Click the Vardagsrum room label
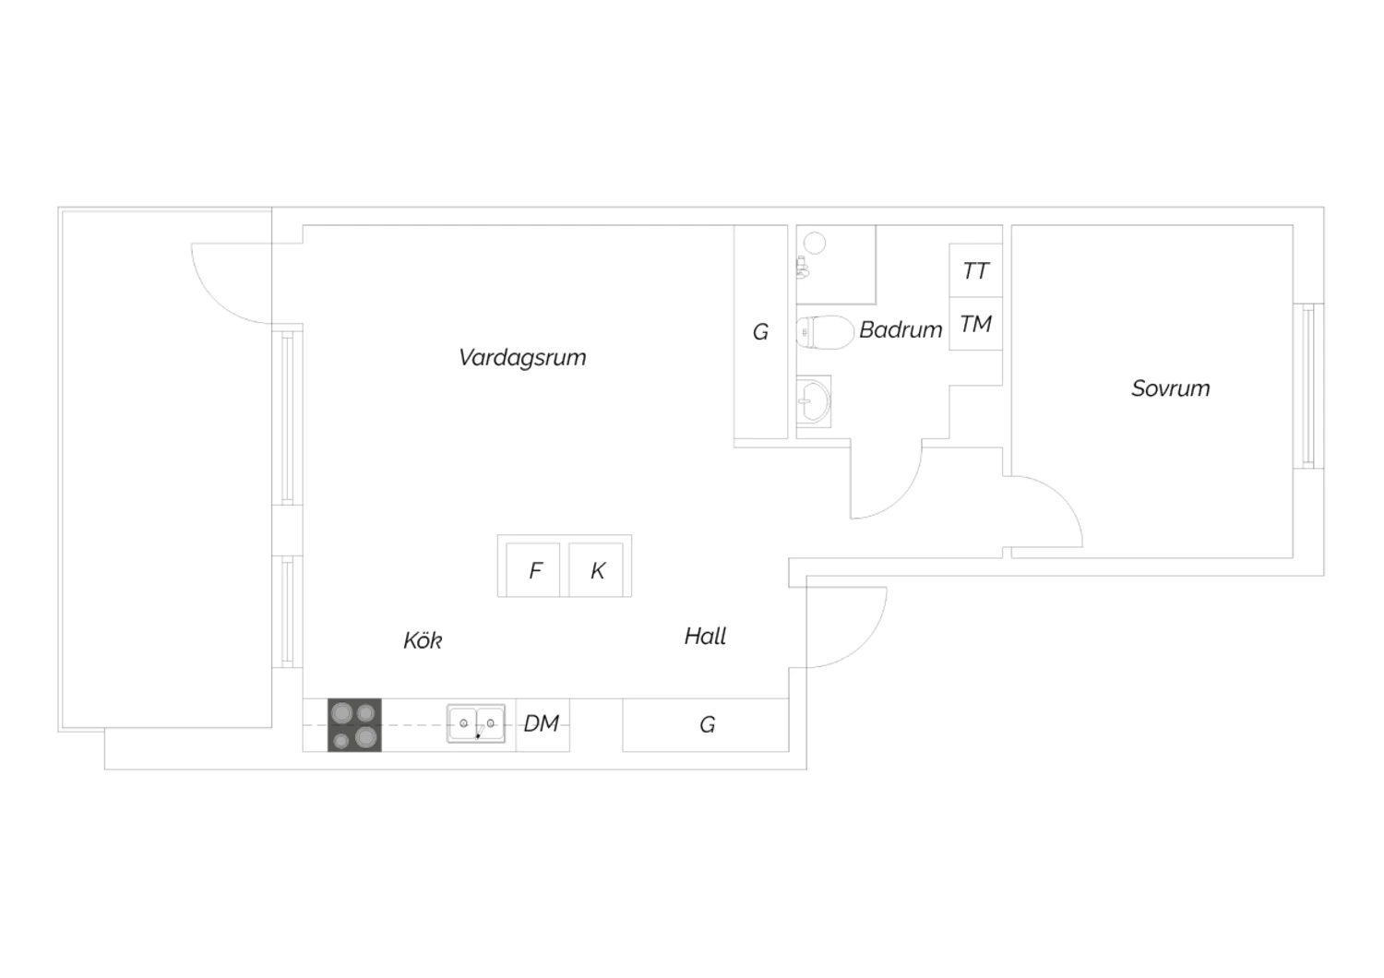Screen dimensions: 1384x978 coord(522,358)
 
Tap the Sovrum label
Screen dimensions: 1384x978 coord(1170,388)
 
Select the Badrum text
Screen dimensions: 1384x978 coord(901,330)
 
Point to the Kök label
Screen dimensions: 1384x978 coord(423,640)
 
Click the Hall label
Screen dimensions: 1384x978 coord(705,637)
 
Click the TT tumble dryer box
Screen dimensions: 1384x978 coord(975,270)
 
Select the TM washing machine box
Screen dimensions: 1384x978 coord(975,324)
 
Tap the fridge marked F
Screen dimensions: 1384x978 coord(533,569)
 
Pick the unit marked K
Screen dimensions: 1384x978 coord(596,569)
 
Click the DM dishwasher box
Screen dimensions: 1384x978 coord(543,724)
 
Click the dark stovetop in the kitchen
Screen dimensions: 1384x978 coord(354,724)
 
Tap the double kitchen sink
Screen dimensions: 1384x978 coord(476,723)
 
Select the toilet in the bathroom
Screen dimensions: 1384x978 coord(825,332)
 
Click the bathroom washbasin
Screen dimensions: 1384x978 coord(814,401)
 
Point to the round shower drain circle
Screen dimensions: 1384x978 coord(815,243)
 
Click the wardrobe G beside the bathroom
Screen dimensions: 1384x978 coord(760,332)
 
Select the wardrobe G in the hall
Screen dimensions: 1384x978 coord(706,724)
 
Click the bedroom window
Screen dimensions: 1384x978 coord(1308,387)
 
